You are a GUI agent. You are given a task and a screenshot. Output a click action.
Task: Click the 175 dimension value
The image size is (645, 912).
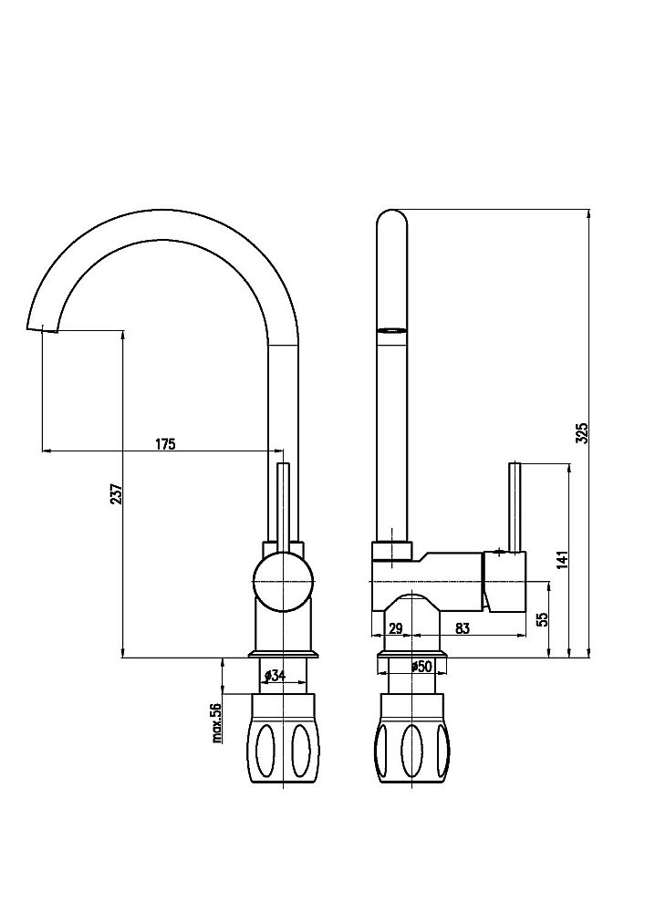[x=165, y=444]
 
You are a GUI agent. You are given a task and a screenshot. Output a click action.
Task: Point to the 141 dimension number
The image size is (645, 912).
[x=562, y=560]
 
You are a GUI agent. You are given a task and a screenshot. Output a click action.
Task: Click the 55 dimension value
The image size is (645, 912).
[x=543, y=619]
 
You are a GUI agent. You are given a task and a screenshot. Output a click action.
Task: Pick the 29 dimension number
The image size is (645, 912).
[x=396, y=628]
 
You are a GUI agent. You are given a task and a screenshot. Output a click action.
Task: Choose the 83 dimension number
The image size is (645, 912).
[x=463, y=628]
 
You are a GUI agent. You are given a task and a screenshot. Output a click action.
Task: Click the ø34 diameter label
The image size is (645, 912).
[x=276, y=675]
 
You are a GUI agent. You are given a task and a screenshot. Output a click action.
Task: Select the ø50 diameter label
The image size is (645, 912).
[x=421, y=667]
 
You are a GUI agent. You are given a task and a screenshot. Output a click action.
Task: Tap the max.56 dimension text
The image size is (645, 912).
[x=217, y=722]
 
